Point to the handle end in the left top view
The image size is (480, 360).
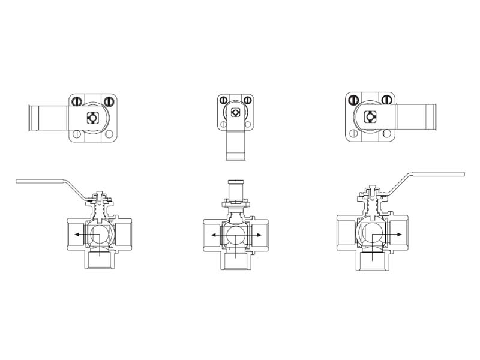coord(32,118)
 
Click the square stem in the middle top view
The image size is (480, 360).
coord(236,112)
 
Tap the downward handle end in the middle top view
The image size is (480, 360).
coord(236,158)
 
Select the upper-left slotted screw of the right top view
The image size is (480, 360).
coord(353,100)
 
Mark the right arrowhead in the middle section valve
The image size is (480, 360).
coord(262,236)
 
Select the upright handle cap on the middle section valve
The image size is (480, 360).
coord(236,182)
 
